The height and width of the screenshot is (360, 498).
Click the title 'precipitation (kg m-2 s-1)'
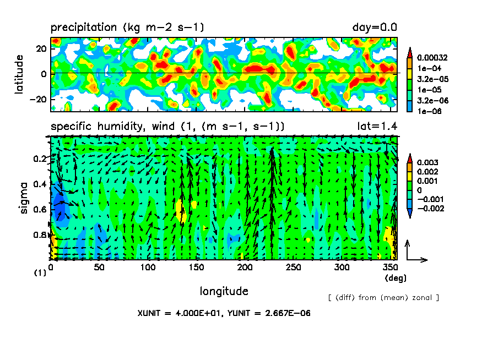(x=128, y=28)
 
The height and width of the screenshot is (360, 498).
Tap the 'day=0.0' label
(x=375, y=28)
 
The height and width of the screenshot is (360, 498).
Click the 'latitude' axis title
(x=19, y=74)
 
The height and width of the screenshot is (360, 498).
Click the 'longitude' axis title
(x=224, y=291)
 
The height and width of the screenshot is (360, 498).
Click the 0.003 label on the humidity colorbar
(x=426, y=163)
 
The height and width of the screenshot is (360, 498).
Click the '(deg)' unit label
(x=395, y=279)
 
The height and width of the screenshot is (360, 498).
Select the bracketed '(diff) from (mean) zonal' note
(x=383, y=298)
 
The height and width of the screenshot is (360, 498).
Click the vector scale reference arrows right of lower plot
(x=415, y=251)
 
